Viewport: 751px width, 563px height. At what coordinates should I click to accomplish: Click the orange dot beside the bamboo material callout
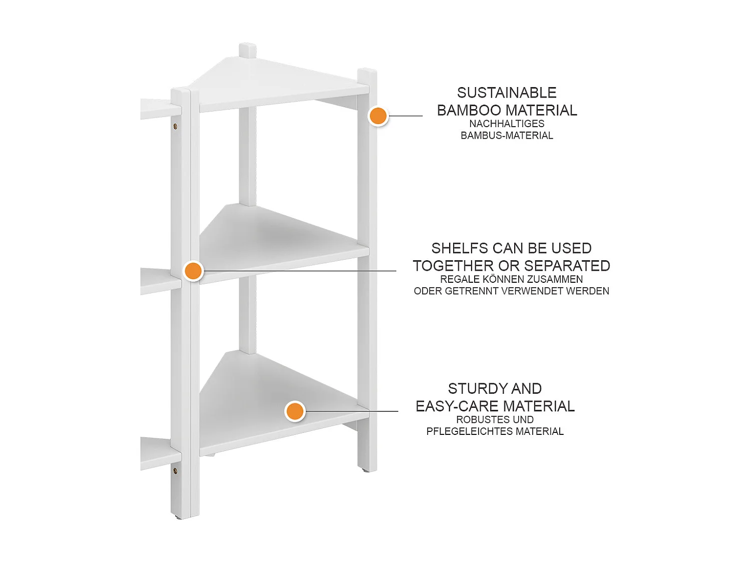[378, 116]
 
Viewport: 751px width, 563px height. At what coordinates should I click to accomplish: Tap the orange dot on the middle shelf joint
[193, 271]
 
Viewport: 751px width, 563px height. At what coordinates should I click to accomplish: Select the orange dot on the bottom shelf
[295, 411]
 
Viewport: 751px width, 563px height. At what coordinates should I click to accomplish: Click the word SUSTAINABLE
[507, 93]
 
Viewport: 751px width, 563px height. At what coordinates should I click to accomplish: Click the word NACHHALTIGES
[507, 124]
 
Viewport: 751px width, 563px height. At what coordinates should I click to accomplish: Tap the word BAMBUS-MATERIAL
[507, 135]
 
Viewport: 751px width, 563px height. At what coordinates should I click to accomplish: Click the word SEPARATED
[567, 266]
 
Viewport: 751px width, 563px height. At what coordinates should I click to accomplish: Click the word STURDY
[473, 389]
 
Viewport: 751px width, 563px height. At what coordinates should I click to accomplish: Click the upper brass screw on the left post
[175, 127]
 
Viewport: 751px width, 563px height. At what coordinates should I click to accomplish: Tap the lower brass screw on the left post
[175, 471]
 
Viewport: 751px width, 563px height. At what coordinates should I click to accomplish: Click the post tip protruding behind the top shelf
[247, 50]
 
